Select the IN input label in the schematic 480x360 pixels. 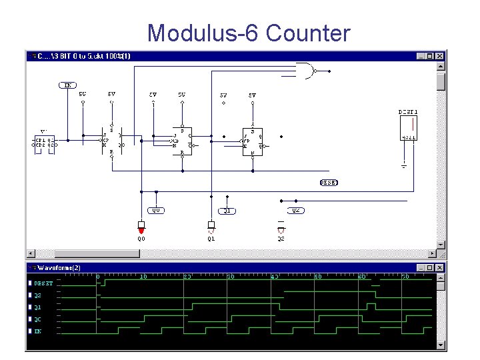[x=68, y=85]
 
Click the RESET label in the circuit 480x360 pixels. [x=329, y=182]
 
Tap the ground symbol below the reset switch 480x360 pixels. [x=404, y=164]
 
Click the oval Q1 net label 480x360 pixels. [x=227, y=210]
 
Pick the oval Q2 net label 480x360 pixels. [x=297, y=210]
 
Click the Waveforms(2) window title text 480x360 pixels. [x=59, y=268]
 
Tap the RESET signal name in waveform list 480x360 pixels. [x=44, y=283]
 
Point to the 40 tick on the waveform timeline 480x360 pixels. [x=274, y=276]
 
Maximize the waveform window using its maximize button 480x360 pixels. [x=431, y=267]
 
